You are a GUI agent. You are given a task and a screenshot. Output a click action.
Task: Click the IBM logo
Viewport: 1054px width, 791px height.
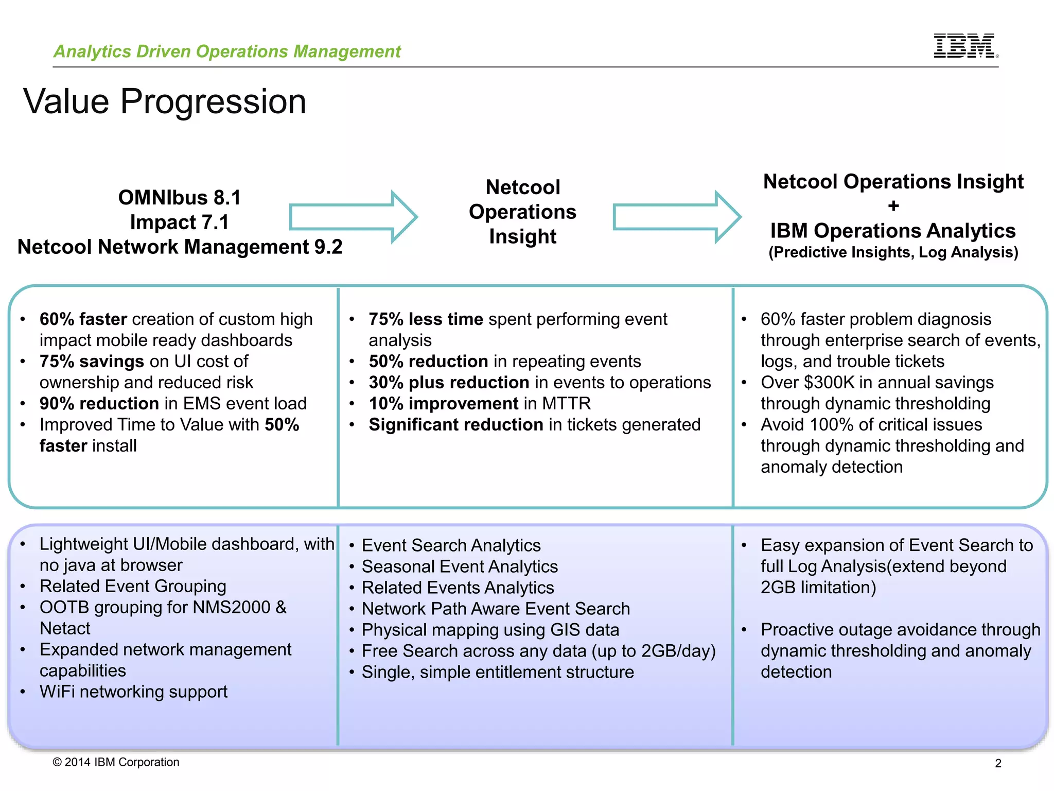click(965, 46)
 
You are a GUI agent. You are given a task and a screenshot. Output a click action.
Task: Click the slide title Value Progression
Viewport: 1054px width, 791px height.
click(165, 101)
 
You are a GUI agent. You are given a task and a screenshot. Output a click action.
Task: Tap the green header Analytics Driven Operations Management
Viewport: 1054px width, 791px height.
click(227, 51)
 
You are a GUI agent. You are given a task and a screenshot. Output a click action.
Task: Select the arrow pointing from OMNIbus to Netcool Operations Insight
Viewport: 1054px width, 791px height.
click(353, 217)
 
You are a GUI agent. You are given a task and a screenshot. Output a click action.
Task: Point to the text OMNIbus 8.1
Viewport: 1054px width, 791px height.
click(180, 198)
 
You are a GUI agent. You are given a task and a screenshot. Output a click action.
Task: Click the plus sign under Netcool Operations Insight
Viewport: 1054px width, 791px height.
click(893, 206)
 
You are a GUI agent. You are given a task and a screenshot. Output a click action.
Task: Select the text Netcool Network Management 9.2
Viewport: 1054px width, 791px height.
click(180, 247)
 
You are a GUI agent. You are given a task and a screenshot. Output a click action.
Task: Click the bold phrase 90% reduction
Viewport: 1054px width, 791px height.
click(99, 404)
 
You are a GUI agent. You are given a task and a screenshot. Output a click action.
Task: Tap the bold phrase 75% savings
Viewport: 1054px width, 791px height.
click(92, 362)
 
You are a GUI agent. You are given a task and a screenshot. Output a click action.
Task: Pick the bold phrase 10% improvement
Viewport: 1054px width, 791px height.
click(443, 404)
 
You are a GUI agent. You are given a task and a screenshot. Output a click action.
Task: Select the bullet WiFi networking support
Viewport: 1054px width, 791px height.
click(133, 692)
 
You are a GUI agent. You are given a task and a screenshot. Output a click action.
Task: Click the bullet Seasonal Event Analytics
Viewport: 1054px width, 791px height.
click(460, 566)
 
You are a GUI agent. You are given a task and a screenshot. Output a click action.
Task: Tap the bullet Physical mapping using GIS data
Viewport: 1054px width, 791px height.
click(490, 630)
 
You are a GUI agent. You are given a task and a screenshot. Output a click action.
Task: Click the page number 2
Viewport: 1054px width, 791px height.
click(998, 763)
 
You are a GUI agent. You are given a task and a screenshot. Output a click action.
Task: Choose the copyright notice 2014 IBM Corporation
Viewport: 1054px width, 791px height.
click(116, 762)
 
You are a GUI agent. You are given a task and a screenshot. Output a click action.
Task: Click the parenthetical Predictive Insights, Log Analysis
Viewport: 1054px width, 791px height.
click(893, 252)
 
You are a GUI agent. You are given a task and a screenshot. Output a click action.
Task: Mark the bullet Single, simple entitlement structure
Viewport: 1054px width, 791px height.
click(498, 672)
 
